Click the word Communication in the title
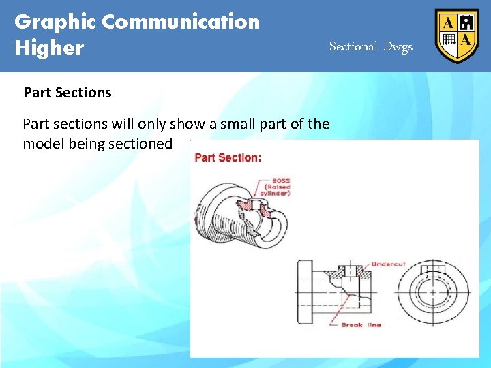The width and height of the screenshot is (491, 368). pos(181,22)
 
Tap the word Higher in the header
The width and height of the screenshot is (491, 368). pos(49,48)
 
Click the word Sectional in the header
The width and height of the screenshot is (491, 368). pos(353,46)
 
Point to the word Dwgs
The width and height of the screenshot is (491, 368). pos(398,46)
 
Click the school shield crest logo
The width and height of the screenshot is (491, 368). pos(457,35)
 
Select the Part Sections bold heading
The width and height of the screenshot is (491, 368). pos(68,93)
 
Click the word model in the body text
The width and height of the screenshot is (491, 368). pos(42,144)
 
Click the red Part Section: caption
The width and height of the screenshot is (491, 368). pos(228,157)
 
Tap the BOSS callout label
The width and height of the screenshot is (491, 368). pos(280,181)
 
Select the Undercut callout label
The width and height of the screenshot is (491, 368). pos(389,264)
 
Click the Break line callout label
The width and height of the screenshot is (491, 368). pos(361,325)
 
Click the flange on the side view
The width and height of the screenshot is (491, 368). pos(304,292)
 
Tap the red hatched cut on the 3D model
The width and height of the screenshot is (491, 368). pos(260,208)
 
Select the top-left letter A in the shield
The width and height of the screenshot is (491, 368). pos(448,22)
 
